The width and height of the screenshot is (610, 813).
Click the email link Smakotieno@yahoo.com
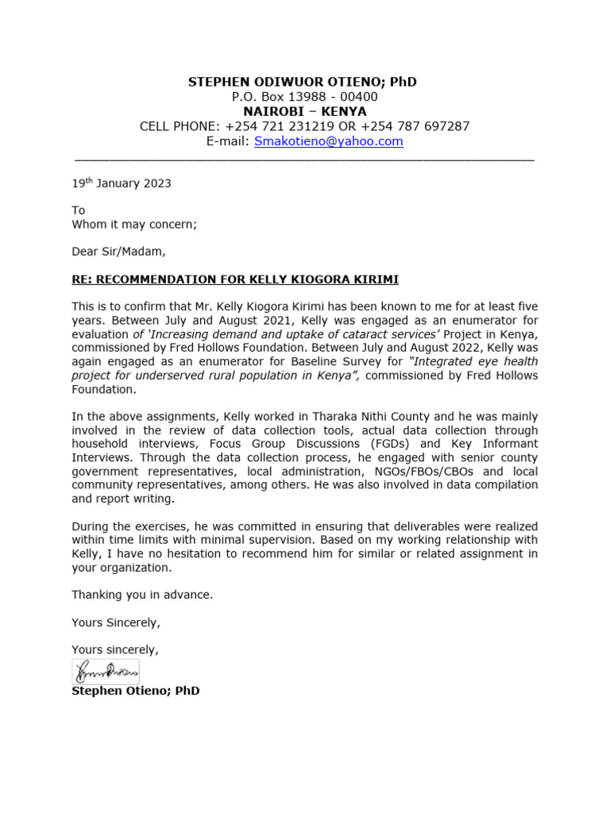pos(328,141)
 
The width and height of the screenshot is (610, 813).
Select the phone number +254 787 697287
pos(415,126)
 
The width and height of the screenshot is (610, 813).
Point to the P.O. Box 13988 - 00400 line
pos(304,97)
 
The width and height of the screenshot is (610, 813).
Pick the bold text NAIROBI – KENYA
pos(304,111)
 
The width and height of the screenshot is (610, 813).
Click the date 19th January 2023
pos(121,183)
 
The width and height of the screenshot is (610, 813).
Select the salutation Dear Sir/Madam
pos(119,252)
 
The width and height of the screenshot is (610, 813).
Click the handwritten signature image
pos(106,672)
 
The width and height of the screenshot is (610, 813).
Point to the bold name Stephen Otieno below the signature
pos(135,691)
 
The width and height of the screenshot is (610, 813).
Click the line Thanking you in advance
pos(142,594)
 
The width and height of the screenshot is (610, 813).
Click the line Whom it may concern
pos(134,224)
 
